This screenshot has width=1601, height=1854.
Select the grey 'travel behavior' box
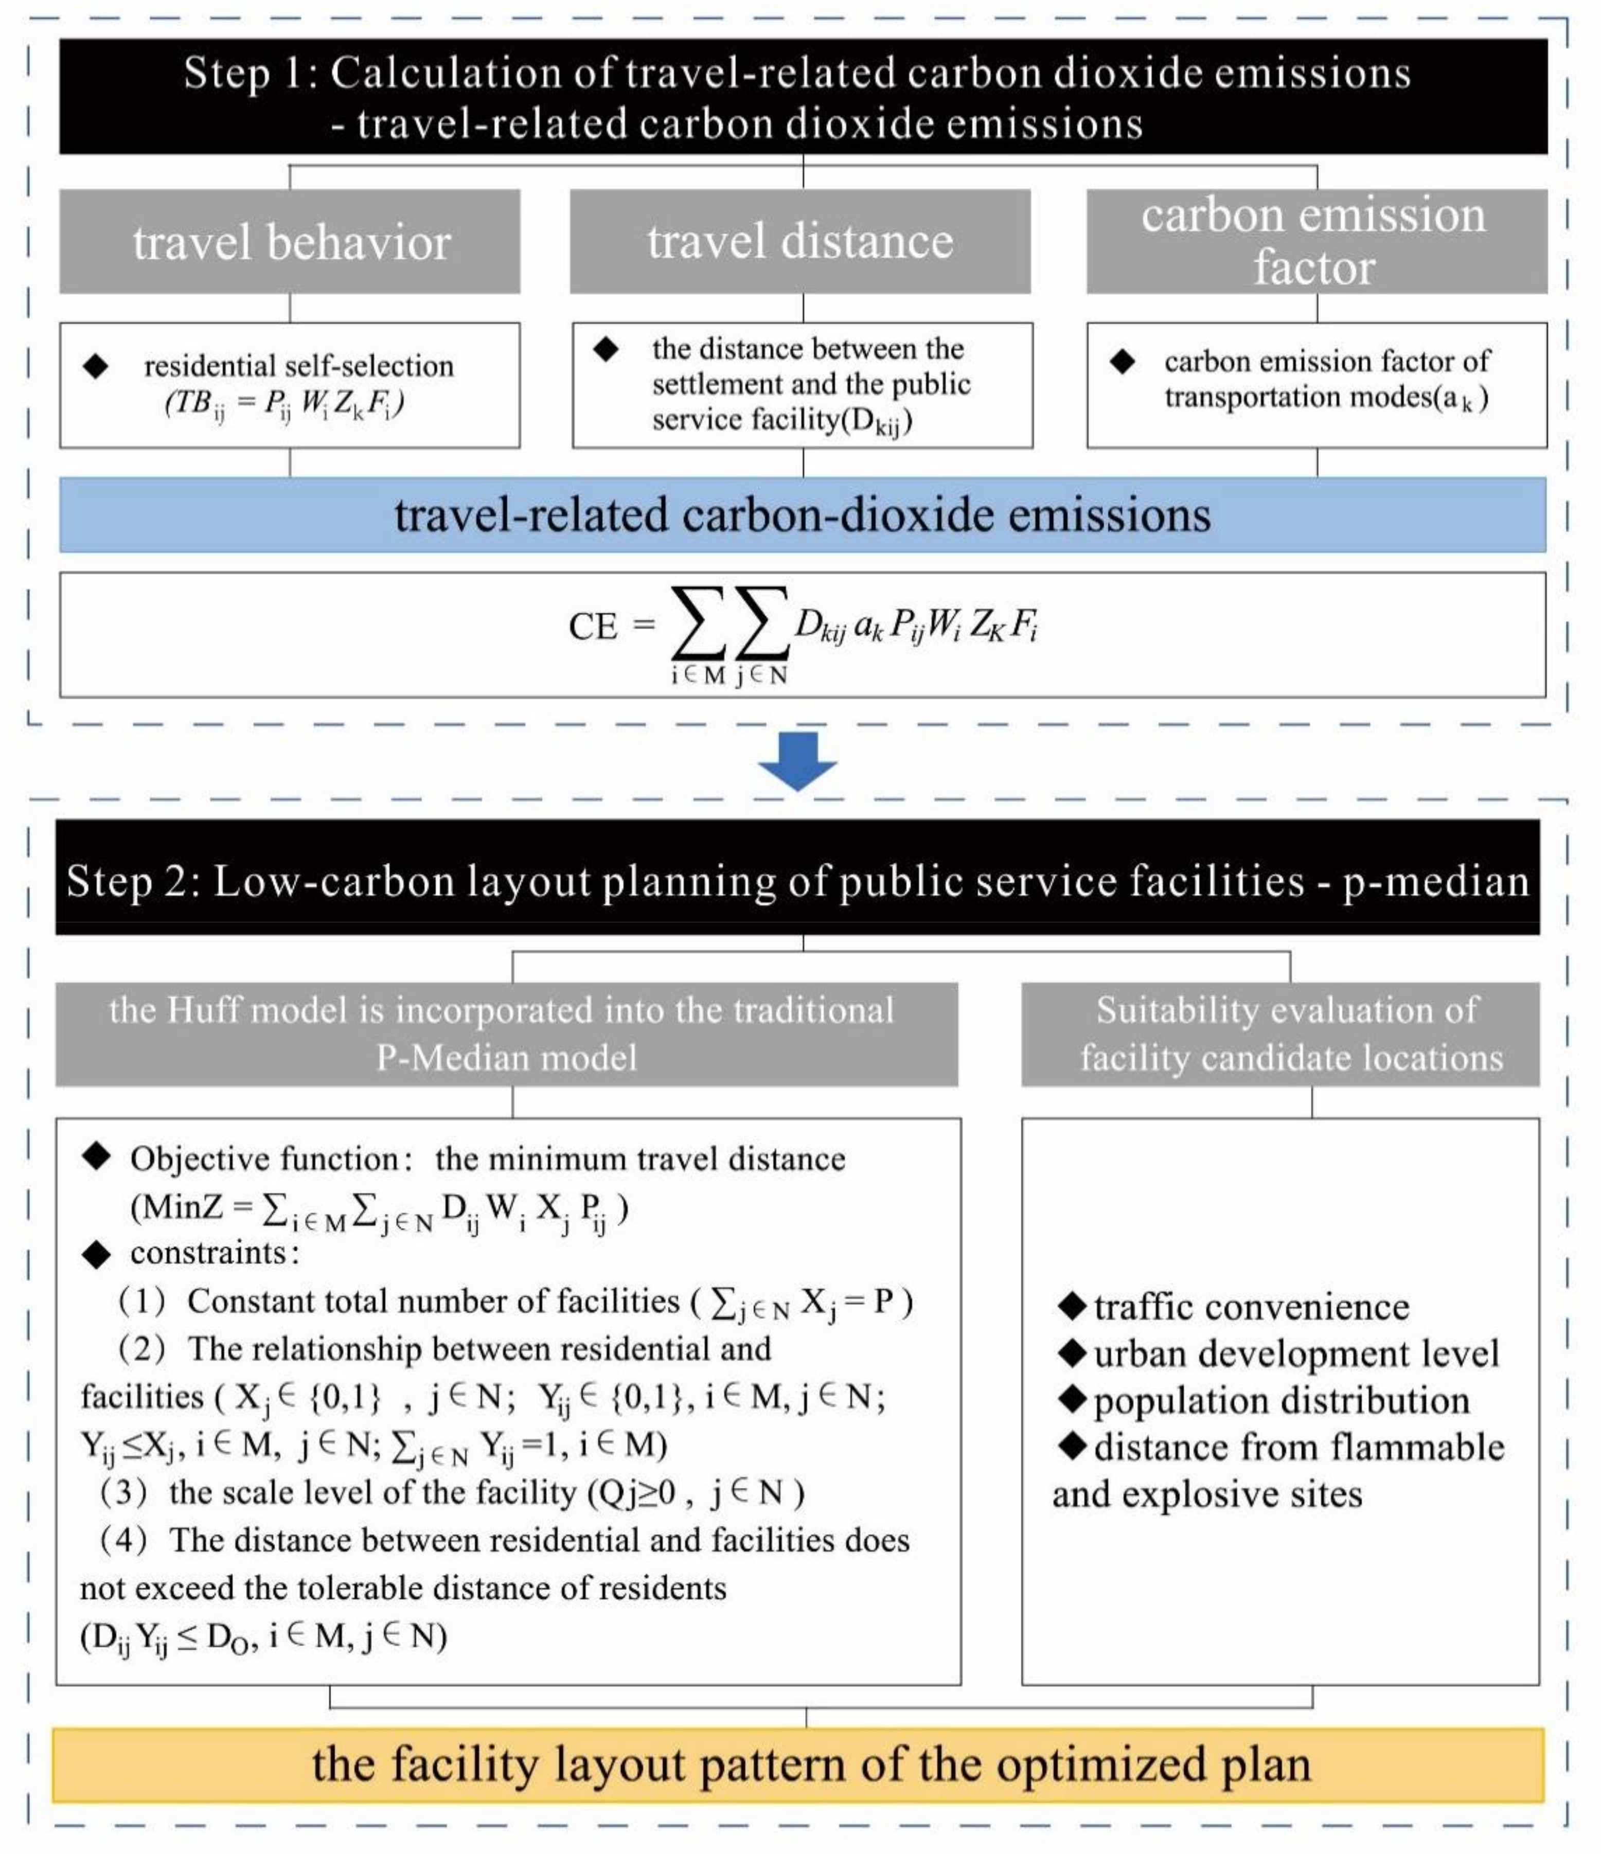(x=290, y=242)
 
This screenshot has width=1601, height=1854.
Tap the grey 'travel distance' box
(x=800, y=242)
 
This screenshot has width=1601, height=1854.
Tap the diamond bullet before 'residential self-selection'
(x=96, y=366)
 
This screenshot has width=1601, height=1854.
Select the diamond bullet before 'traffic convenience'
(x=1071, y=1307)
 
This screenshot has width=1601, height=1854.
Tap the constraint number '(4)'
(x=123, y=1540)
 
